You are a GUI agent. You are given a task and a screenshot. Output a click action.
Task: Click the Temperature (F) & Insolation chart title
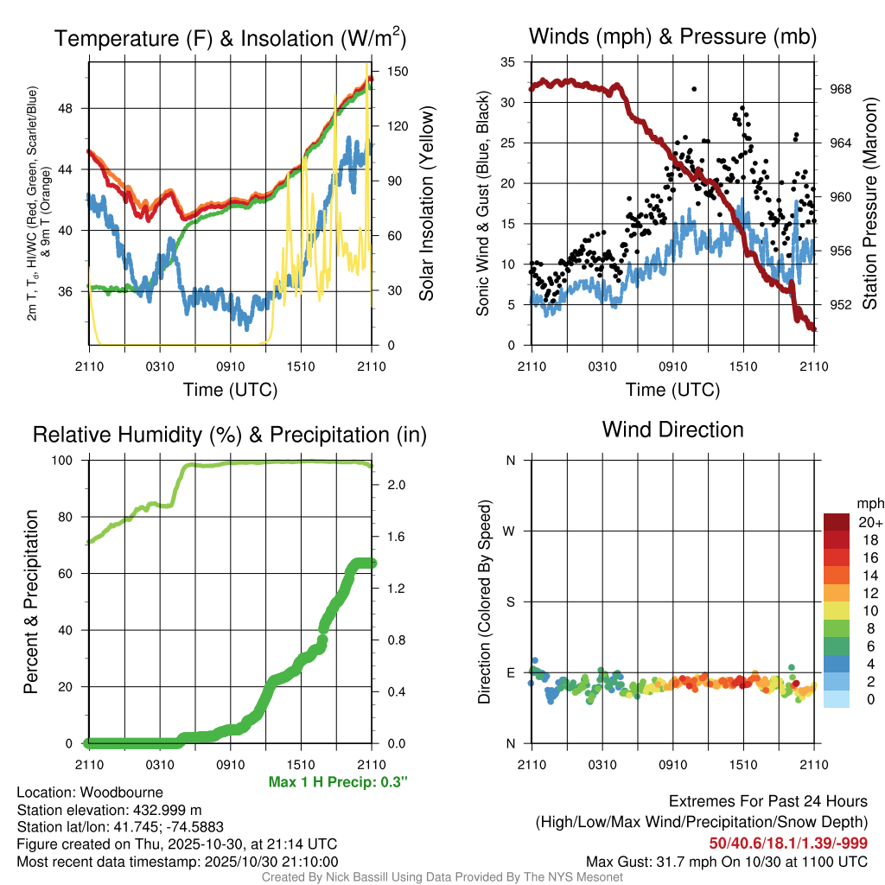tap(230, 39)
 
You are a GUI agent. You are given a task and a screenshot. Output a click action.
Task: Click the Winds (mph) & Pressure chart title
tap(672, 36)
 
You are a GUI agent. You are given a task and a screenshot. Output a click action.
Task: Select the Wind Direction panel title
tap(672, 430)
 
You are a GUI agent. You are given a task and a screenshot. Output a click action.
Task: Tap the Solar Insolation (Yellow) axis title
tap(426, 204)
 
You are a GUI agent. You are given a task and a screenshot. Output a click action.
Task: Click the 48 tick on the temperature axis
tap(73, 109)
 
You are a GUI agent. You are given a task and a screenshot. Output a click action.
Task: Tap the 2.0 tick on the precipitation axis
tap(394, 485)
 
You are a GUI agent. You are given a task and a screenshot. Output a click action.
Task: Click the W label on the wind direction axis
tap(511, 532)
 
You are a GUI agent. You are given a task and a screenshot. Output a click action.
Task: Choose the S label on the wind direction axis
tap(511, 602)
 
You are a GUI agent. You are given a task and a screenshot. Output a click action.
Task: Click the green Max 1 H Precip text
tap(338, 782)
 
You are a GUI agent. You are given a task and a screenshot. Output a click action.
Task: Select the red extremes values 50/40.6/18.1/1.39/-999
tap(788, 843)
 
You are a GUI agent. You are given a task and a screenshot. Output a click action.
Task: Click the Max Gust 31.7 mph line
tap(726, 861)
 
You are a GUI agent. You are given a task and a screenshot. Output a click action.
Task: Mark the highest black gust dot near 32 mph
tap(693, 88)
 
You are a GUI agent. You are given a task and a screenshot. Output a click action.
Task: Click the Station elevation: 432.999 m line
tap(109, 810)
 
